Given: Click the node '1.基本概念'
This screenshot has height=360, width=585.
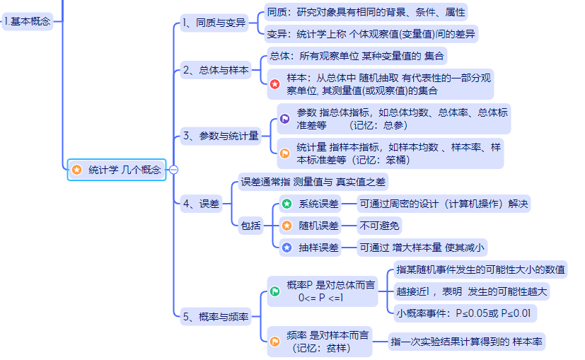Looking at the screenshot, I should coord(27,21).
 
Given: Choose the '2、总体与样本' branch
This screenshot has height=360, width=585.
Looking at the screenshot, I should coord(216,70).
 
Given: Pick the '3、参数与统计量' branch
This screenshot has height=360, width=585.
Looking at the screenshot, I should coord(220,136).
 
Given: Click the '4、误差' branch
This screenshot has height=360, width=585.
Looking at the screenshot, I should coord(201,204).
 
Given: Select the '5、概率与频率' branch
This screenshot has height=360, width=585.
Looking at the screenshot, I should coord(215,318).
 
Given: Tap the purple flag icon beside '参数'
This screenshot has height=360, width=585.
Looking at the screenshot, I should coord(284,119).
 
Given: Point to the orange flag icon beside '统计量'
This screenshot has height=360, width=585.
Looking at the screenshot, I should coord(284,153).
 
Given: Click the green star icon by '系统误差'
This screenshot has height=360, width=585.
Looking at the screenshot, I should coord(286,204).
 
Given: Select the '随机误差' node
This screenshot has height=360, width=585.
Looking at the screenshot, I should coord(318,226).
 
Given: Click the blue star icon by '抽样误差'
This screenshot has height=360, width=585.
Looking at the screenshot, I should coord(286,248).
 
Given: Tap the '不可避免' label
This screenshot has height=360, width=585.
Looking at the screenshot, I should coord(378,226).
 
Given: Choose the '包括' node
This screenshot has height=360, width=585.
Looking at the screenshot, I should coord(251,226).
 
